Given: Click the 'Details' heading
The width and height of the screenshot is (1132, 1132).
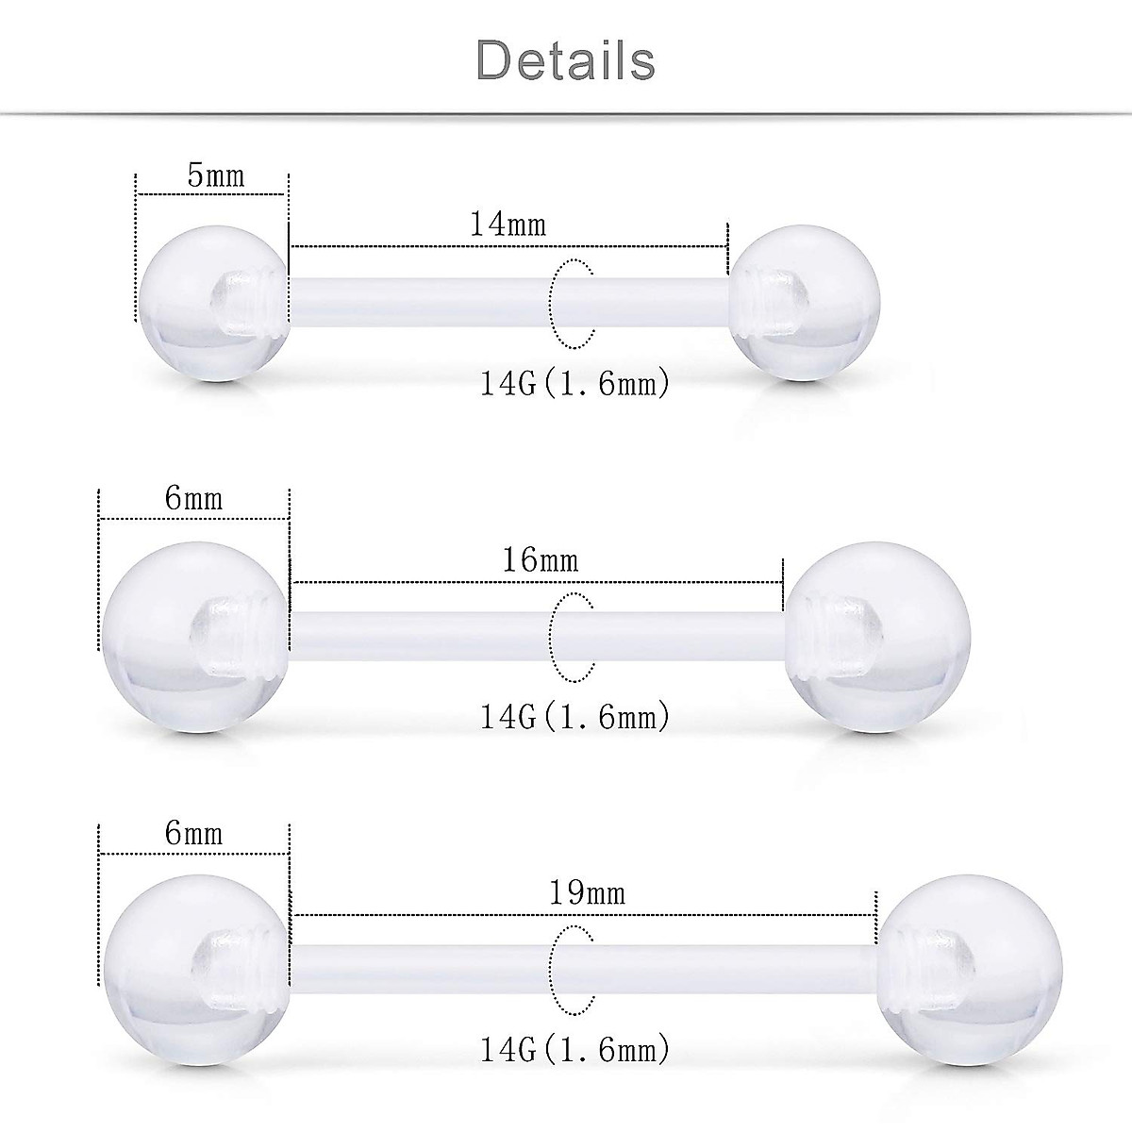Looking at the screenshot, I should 566,59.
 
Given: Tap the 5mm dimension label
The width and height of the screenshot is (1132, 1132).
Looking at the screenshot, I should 216,175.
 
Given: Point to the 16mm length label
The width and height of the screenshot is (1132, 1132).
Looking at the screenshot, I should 540,560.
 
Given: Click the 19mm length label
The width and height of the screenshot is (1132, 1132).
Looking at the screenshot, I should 587,891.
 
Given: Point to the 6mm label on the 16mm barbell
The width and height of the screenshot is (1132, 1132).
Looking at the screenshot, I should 194,497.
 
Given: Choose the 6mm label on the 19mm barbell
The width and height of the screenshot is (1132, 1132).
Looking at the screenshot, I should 194,833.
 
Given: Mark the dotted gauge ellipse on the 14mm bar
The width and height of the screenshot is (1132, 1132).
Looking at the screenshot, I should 572,301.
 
